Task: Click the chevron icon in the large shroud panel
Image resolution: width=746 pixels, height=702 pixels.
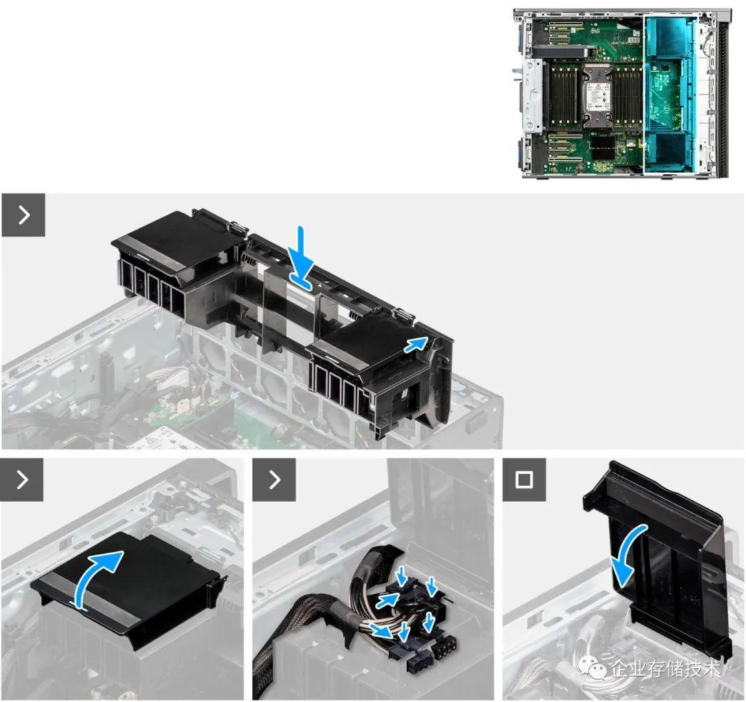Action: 23,215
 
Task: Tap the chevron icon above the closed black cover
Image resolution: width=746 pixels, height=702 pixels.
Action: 22,480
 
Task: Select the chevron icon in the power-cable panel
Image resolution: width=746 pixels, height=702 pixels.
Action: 274,480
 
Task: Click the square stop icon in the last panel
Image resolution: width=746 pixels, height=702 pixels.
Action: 524,480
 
